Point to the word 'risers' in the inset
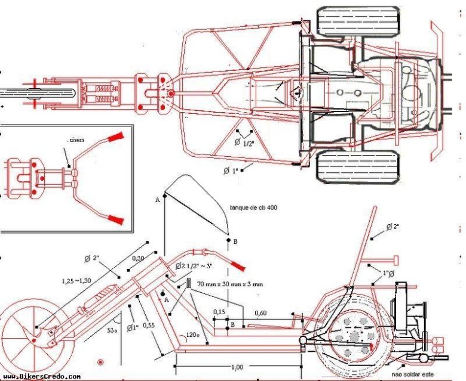[x=76, y=140]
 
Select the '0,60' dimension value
[x=261, y=312]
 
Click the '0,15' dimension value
[x=220, y=312]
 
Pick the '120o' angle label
[x=192, y=336]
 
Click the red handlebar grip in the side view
[x=237, y=264]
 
